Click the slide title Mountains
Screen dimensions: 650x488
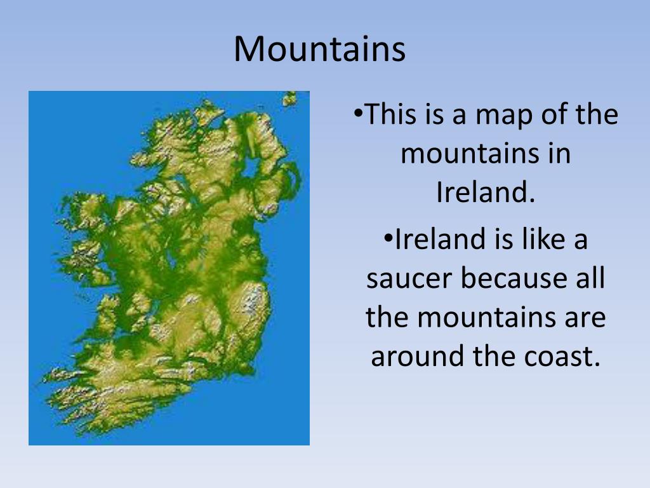coord(319,49)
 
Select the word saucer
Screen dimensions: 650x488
coord(409,279)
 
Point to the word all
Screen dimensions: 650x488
coord(590,279)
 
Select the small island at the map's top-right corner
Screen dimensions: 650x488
coord(290,98)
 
